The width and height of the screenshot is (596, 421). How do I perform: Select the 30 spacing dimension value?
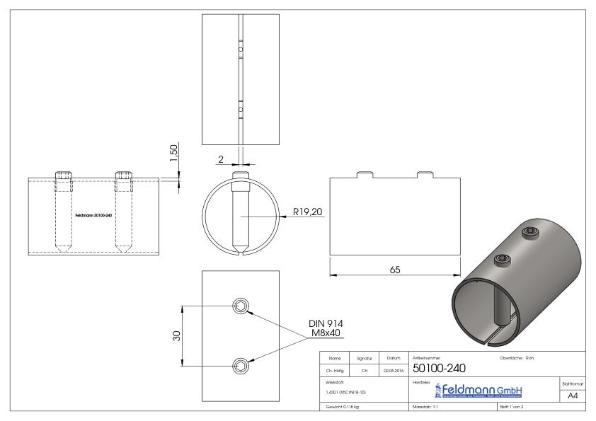[x=177, y=335]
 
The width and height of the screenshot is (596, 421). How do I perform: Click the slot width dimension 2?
[x=221, y=160]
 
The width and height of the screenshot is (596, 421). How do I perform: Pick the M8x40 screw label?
[x=326, y=332]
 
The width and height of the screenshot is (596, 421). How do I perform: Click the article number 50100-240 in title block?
[x=438, y=369]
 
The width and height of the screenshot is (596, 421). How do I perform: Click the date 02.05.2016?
[x=394, y=369]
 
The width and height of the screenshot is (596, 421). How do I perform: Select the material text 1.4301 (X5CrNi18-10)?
[x=346, y=391]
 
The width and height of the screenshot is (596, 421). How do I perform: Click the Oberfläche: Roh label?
[x=517, y=358]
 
